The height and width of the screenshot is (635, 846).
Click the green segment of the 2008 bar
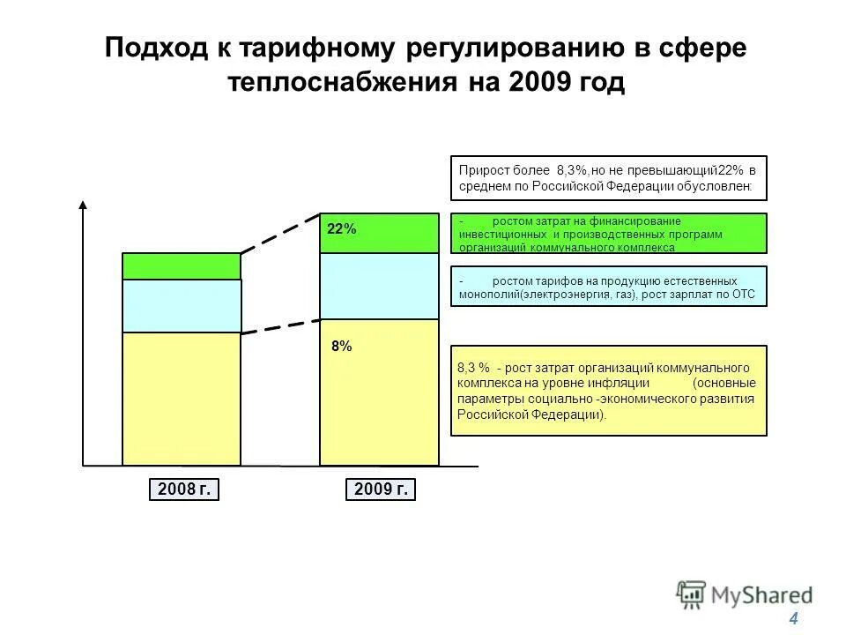coord(182,266)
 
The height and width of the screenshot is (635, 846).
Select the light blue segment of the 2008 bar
coord(182,305)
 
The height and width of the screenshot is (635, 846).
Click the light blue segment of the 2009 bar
coord(379,286)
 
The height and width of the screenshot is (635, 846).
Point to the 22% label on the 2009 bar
coord(342,229)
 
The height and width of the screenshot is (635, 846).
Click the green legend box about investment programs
coord(609,233)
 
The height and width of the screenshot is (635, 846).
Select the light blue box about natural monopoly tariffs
coord(609,286)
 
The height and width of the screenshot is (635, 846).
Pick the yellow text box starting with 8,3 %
coord(609,390)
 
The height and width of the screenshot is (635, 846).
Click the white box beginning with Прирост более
coord(609,178)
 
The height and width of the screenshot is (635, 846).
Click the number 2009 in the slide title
coord(538,83)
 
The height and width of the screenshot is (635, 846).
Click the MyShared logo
coord(745,594)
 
